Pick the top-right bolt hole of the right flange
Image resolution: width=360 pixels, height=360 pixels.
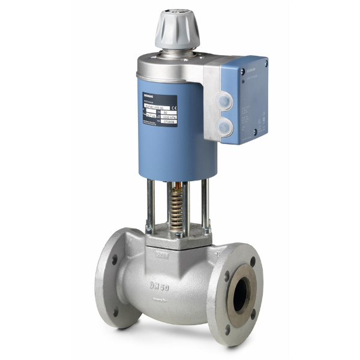point(251,259)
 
